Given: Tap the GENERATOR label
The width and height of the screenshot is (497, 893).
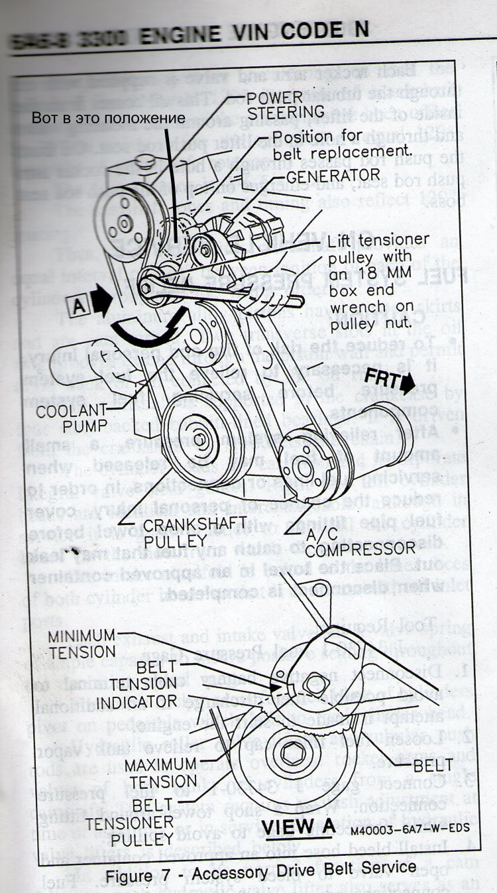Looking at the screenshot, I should (323, 177).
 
